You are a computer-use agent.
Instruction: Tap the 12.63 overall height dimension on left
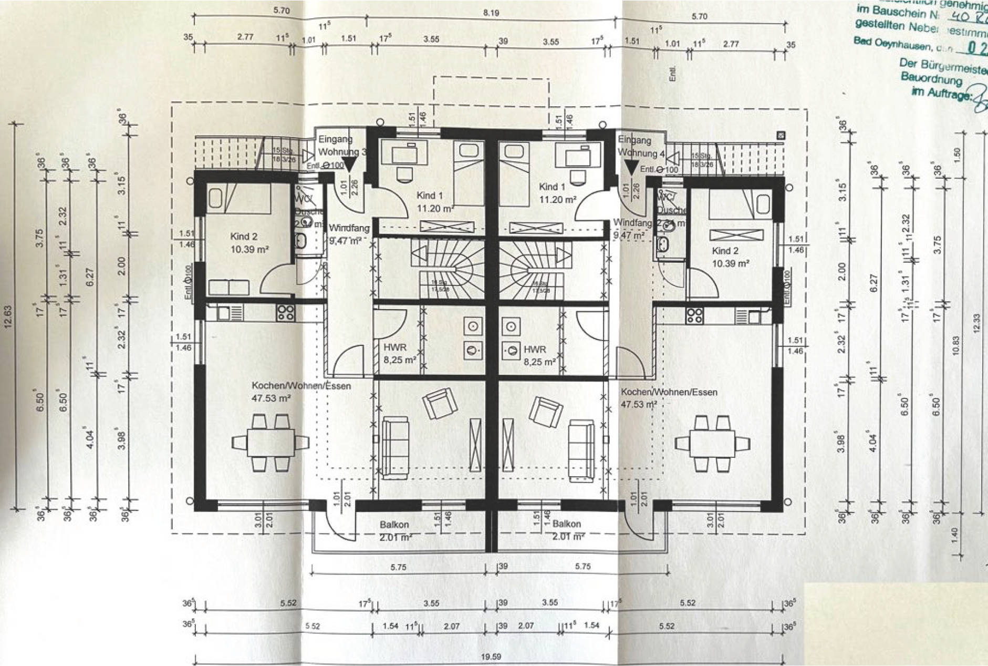[x=7, y=315]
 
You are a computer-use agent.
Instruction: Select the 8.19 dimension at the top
[x=491, y=13]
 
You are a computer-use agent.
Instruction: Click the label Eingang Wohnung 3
[x=341, y=146]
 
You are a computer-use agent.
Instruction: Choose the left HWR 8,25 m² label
[x=399, y=354]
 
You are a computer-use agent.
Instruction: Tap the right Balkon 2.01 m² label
[x=568, y=530]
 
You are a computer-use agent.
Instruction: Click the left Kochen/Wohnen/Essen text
[x=301, y=386]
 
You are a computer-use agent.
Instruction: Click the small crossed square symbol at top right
[x=781, y=136]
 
